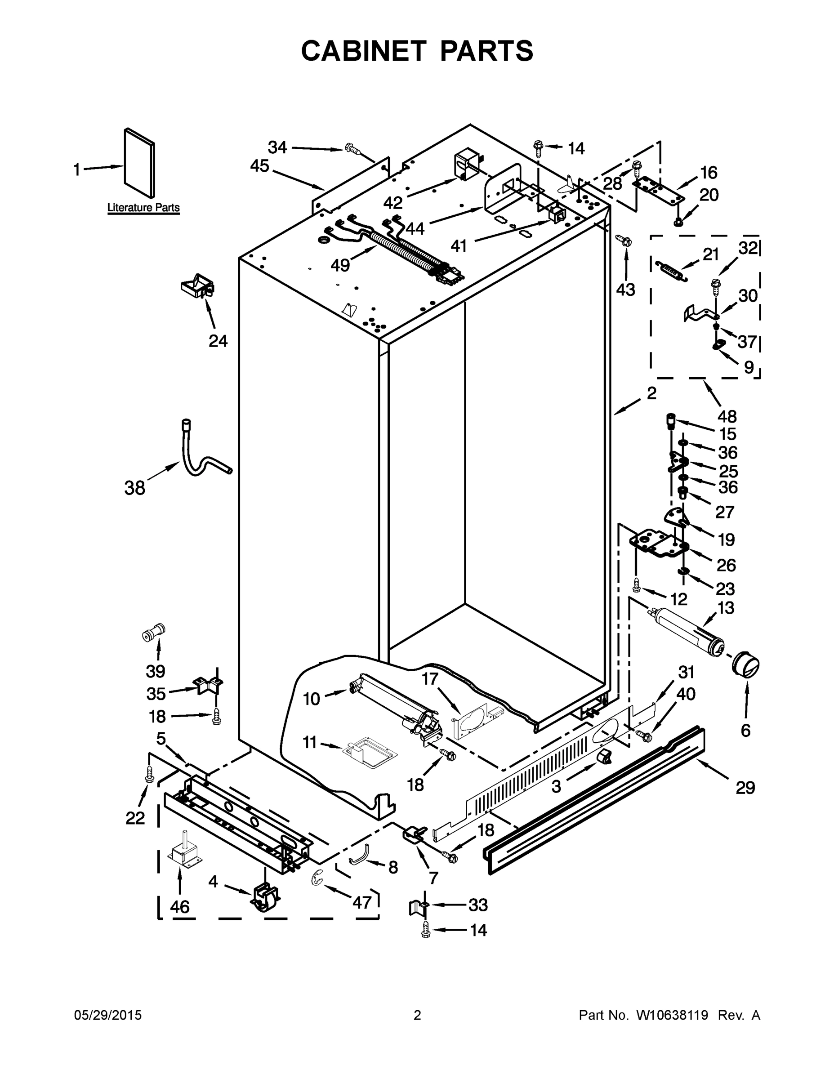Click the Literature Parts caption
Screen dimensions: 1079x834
(143, 208)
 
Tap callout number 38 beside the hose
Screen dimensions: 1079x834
(135, 488)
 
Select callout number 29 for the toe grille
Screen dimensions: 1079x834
(745, 787)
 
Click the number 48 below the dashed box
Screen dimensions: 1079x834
(728, 416)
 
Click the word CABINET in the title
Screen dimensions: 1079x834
(363, 51)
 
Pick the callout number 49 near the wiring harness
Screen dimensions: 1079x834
(340, 265)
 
